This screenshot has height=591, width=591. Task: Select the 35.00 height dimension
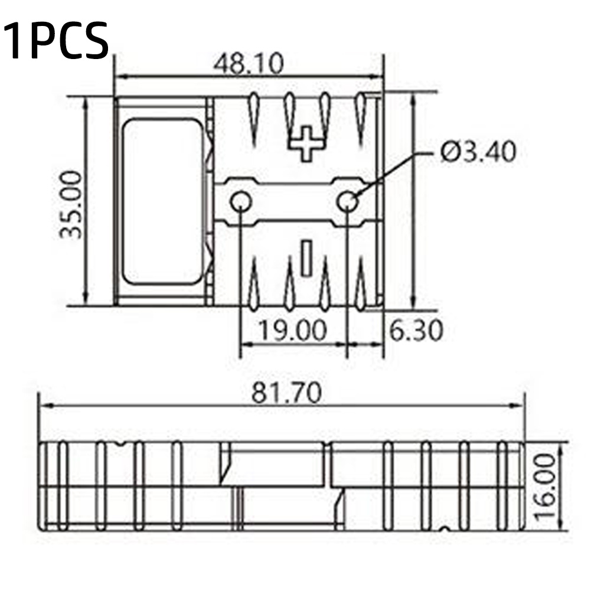click(x=71, y=204)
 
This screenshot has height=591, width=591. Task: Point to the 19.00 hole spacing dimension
click(x=293, y=331)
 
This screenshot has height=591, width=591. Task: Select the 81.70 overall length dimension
click(x=287, y=393)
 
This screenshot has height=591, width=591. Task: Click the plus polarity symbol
click(x=306, y=143)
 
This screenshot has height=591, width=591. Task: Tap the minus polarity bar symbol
click(x=306, y=257)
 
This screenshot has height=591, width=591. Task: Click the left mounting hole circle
click(x=241, y=203)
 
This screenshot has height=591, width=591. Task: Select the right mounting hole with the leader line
click(x=347, y=203)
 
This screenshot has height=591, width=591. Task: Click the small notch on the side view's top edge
click(x=121, y=444)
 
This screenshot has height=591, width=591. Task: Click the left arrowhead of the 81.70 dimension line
click(x=44, y=406)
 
